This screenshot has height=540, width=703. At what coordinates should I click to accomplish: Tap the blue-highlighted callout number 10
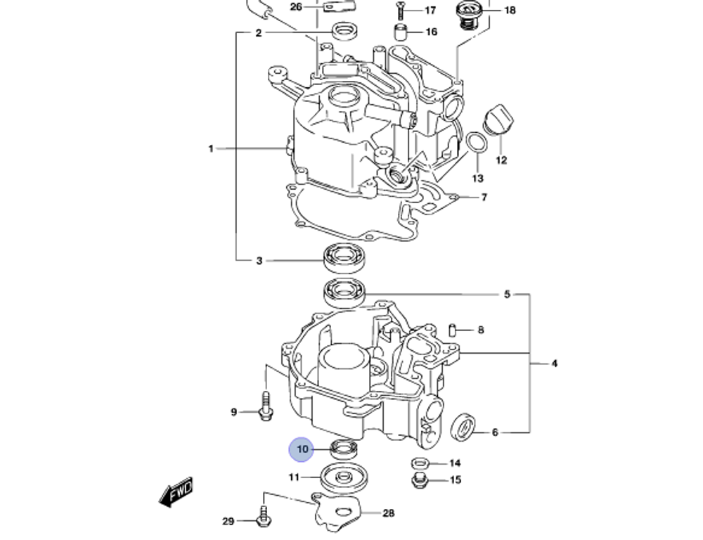click(x=302, y=449)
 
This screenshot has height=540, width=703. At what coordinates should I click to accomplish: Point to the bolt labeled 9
click(x=266, y=409)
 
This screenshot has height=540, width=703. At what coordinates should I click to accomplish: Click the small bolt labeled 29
click(x=264, y=519)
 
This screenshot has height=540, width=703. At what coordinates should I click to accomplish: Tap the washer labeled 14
click(x=419, y=463)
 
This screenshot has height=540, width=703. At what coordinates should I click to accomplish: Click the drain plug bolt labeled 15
click(x=419, y=480)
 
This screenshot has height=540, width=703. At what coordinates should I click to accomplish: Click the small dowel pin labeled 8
click(x=454, y=330)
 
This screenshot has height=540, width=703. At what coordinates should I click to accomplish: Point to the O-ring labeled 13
click(x=477, y=143)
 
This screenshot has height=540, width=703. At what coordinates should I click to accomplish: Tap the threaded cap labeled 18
click(x=467, y=13)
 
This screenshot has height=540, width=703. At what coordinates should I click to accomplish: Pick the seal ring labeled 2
click(x=343, y=32)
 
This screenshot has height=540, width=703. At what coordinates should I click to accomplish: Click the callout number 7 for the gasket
click(x=484, y=198)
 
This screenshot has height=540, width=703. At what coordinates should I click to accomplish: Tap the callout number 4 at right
click(x=554, y=364)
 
